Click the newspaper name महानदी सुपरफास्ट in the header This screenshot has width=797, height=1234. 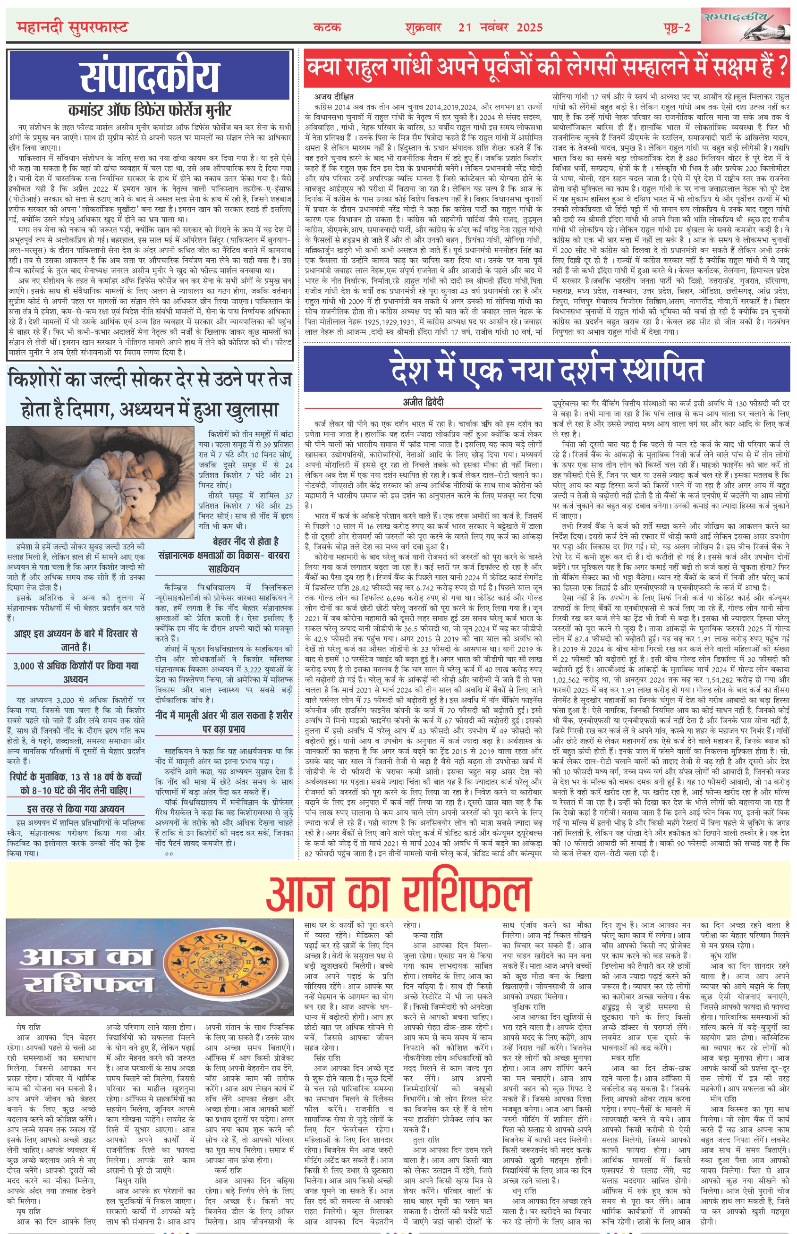[72, 27]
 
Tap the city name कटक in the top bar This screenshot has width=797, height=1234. [327, 27]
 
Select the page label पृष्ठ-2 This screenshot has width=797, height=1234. [677, 27]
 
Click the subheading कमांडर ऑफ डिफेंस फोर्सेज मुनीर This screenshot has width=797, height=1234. [150, 110]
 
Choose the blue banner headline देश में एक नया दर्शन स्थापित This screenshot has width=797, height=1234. [547, 370]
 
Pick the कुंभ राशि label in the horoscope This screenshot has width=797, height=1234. [723, 955]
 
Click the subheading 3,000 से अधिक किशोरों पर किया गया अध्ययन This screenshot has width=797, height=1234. [76, 672]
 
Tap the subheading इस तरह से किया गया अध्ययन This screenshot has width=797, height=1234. [76, 809]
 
